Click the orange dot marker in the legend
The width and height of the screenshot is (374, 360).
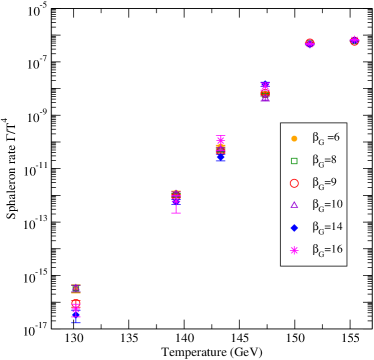coord(294,138)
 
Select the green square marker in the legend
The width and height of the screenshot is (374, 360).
coord(294,160)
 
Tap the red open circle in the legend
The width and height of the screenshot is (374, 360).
coord(294,183)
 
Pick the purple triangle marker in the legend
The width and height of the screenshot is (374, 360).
coord(294,205)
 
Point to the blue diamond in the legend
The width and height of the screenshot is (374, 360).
coord(294,228)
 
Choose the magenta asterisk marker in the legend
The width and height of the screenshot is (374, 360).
coord(294,250)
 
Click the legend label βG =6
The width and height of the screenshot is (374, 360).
coord(326,138)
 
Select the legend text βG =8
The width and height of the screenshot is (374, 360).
coord(326,160)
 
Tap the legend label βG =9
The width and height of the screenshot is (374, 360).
coord(326,183)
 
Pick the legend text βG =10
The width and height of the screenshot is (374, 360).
coord(328,205)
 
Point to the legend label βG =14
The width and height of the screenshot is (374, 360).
coord(328,228)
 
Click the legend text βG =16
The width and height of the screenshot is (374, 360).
coord(328,250)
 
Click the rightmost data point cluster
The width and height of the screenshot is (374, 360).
coord(354,40)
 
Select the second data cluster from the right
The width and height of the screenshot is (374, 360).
coord(309,43)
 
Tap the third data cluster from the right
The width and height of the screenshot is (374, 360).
coord(265,92)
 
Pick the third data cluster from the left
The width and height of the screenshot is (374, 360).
coord(220,149)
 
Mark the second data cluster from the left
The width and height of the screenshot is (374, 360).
coord(176,198)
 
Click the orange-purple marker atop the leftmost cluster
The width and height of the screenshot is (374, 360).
coord(76,288)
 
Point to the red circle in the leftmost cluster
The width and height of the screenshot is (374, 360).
coord(76,304)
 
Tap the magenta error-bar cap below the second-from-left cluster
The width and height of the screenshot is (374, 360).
coord(176,212)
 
